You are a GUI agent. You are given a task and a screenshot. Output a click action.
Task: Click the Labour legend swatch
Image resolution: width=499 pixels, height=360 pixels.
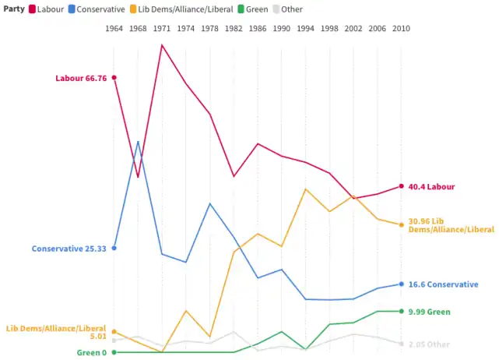click(32, 9)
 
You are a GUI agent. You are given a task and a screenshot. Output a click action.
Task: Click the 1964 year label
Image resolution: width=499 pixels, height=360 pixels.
click(114, 29)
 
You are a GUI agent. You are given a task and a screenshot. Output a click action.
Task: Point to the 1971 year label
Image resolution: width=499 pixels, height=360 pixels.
click(162, 29)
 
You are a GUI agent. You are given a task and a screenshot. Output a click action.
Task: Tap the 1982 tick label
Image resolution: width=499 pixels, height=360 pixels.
click(234, 29)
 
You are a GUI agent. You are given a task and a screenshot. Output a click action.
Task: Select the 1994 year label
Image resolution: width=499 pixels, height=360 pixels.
click(305, 29)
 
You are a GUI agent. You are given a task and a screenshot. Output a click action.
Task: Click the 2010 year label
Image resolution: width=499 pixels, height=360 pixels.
click(400, 29)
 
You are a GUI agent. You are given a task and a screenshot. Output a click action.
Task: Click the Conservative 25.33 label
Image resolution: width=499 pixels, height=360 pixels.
click(69, 249)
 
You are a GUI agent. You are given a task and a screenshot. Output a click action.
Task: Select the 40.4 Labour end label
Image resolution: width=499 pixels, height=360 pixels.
click(431, 187)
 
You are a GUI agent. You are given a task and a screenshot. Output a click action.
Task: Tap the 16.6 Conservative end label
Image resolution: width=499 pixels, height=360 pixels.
click(443, 284)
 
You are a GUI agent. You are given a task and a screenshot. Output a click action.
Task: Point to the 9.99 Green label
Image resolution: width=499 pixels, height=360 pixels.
click(429, 312)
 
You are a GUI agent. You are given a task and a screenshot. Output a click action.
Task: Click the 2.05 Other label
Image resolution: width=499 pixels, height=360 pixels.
click(429, 344)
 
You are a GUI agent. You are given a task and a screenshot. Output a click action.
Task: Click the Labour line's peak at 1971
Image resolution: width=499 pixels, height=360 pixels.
click(162, 45)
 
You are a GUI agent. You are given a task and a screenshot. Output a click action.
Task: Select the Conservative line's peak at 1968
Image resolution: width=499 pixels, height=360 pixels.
click(138, 142)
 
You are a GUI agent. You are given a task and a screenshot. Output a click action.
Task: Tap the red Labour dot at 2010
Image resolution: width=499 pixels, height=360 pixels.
click(400, 186)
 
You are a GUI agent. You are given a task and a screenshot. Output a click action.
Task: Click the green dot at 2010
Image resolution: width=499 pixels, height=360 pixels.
click(400, 312)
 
